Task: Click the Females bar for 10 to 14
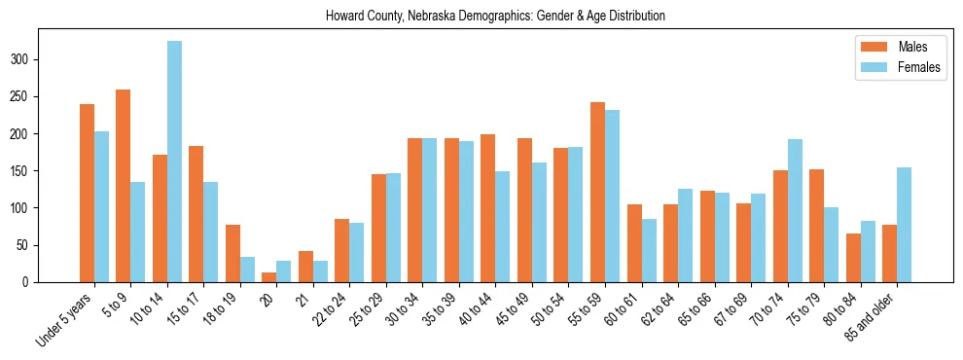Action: click(174, 162)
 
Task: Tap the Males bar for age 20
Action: click(269, 277)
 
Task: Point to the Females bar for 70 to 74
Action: click(795, 210)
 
